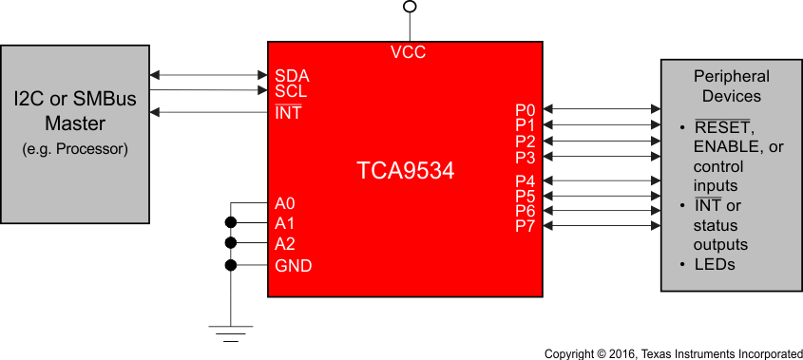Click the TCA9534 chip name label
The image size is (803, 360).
(405, 171)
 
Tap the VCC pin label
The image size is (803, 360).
(408, 52)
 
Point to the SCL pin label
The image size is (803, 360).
(291, 92)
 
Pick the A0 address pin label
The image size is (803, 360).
(285, 203)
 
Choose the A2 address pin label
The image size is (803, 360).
(285, 244)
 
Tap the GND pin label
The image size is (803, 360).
(293, 266)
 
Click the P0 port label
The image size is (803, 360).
(526, 110)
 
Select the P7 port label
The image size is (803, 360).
(526, 226)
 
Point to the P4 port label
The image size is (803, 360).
(526, 180)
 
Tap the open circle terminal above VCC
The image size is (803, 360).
(410, 7)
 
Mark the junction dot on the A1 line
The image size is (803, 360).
(231, 223)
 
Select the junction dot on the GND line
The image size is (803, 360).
(231, 265)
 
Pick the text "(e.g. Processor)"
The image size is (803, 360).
(75, 149)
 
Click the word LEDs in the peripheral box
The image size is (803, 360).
(715, 264)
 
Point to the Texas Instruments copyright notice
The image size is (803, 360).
(673, 353)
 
